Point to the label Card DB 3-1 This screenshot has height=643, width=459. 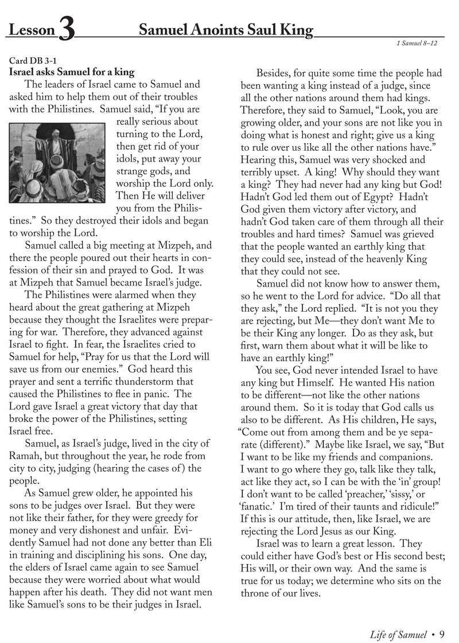(33, 61)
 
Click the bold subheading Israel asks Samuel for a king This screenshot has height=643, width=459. (72, 73)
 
